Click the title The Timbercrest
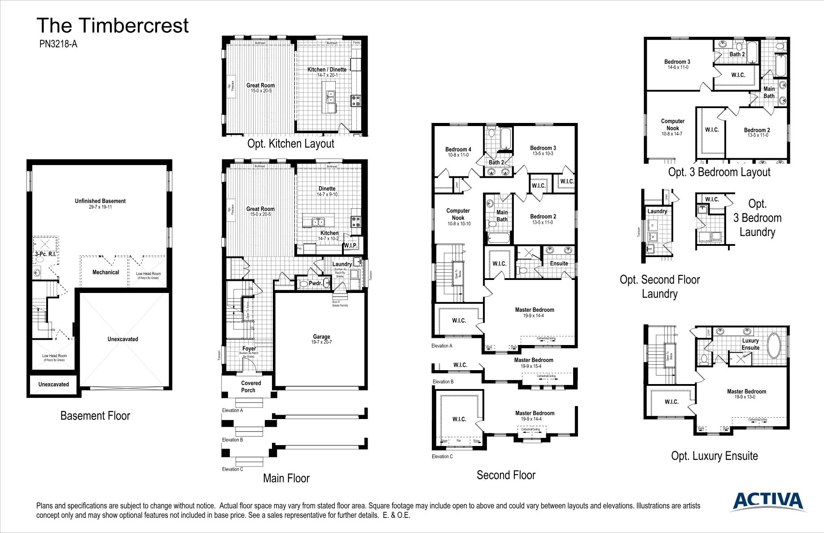pyautogui.click(x=112, y=26)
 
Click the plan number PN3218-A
pyautogui.click(x=58, y=44)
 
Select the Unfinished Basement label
pyautogui.click(x=100, y=201)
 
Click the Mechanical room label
pyautogui.click(x=105, y=272)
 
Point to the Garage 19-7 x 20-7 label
pyautogui.click(x=321, y=339)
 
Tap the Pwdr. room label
pyautogui.click(x=315, y=283)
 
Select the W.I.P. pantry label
pyautogui.click(x=350, y=245)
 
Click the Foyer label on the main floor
pyautogui.click(x=249, y=349)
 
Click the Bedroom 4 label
pyautogui.click(x=458, y=150)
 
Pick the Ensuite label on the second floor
pyautogui.click(x=559, y=263)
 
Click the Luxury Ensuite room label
pyautogui.click(x=750, y=344)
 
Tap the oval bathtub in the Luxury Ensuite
pyautogui.click(x=774, y=345)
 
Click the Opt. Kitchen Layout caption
pyautogui.click(x=290, y=144)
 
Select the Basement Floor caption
pyautogui.click(x=95, y=416)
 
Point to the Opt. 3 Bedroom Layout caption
pyautogui.click(x=719, y=172)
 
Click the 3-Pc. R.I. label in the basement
pyautogui.click(x=45, y=254)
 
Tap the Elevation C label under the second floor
pyautogui.click(x=442, y=457)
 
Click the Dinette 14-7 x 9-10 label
pyautogui.click(x=327, y=191)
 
